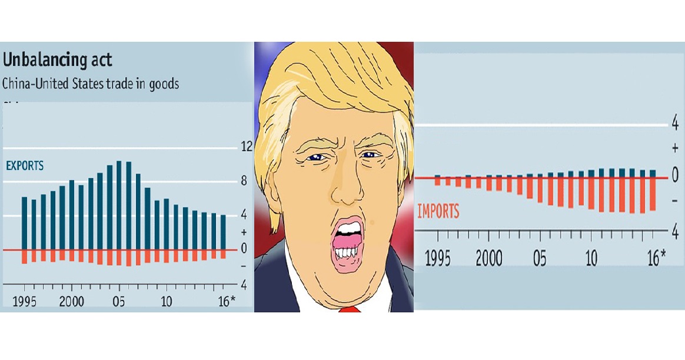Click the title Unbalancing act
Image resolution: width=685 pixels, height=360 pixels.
tap(57, 61)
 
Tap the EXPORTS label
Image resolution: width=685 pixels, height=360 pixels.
tap(25, 166)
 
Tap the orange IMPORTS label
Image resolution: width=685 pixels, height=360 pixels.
tap(438, 212)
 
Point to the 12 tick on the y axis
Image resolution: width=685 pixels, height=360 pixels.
tap(247, 147)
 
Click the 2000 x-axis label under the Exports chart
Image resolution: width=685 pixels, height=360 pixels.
tap(71, 302)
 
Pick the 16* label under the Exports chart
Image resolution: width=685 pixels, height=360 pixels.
tap(224, 302)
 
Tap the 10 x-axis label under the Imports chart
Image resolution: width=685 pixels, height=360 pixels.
tap(591, 259)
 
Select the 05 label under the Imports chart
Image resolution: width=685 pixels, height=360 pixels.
tap(540, 259)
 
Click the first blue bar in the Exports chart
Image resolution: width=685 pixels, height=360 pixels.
tap(25, 223)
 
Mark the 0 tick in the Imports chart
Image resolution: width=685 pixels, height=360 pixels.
tap(675, 175)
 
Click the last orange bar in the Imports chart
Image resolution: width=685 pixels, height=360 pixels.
tap(652, 194)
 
